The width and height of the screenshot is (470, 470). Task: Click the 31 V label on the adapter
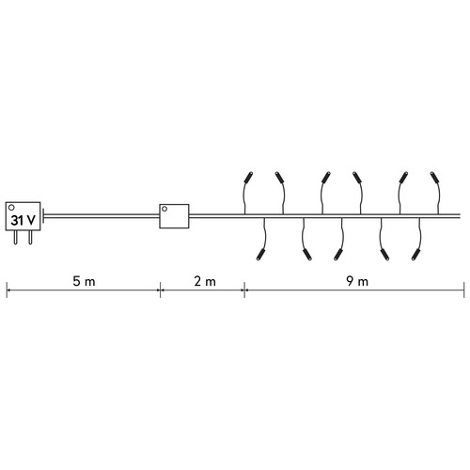click(23, 220)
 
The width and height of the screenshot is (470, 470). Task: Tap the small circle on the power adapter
click(12, 208)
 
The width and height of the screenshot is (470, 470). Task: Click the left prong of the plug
click(15, 237)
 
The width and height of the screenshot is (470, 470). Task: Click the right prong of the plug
click(30, 237)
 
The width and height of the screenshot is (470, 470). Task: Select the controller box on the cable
click(174, 216)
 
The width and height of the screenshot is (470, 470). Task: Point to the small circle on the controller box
click(164, 209)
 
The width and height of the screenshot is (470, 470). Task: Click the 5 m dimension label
click(84, 281)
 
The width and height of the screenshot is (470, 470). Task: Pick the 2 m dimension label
click(205, 281)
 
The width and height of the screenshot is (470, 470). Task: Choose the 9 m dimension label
click(357, 281)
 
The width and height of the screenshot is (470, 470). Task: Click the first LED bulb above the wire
click(248, 178)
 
